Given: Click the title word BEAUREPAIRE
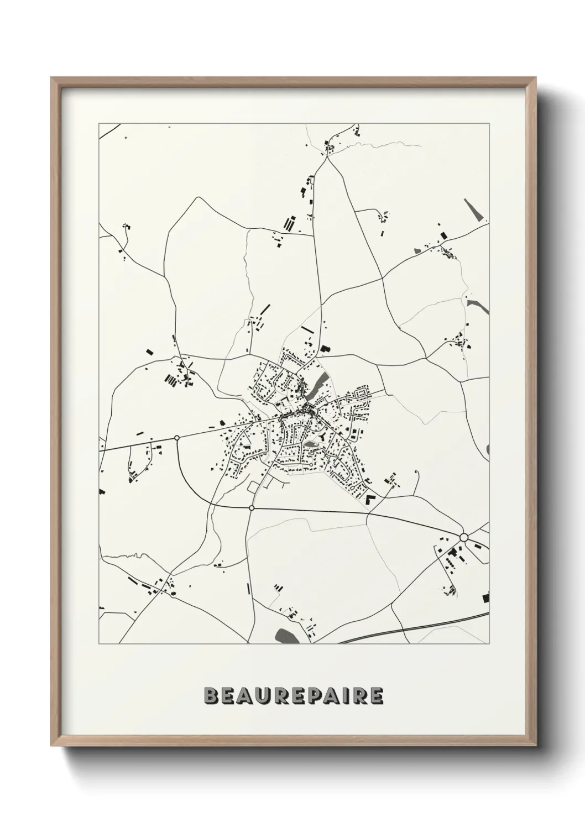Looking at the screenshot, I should [x=293, y=696].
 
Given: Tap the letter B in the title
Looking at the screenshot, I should [x=211, y=696].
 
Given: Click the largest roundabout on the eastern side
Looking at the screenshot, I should [x=464, y=537].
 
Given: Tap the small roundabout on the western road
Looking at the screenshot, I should [x=177, y=438].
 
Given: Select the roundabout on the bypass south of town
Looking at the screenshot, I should [x=252, y=507].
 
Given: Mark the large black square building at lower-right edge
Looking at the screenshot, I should [x=485, y=597].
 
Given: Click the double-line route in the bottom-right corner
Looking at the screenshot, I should [x=420, y=627].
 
